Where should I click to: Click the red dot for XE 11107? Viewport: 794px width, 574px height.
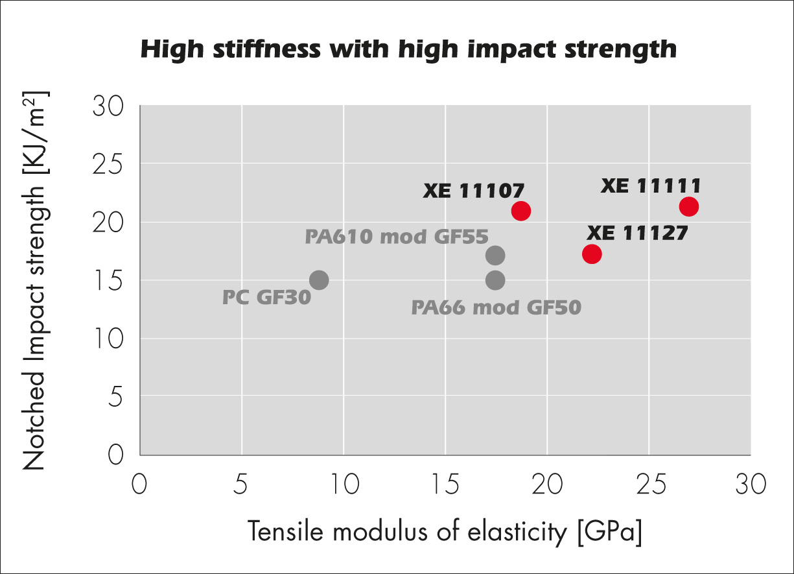[520, 211]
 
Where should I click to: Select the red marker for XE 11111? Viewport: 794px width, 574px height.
[688, 207]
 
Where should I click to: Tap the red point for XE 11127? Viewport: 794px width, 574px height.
[592, 254]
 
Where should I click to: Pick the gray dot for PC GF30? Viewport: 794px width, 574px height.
[318, 280]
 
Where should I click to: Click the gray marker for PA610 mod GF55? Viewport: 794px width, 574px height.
[495, 256]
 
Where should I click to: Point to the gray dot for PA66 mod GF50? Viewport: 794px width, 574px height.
[495, 281]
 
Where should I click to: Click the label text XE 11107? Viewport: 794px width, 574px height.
[474, 191]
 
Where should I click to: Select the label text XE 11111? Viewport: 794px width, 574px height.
[651, 187]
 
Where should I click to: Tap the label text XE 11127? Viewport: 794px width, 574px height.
[637, 233]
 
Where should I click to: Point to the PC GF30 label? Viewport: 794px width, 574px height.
[266, 298]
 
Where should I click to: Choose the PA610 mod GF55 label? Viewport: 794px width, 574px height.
[396, 237]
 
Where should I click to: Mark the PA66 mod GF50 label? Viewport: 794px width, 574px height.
[496, 307]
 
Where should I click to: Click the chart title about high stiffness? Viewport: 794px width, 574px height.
[408, 49]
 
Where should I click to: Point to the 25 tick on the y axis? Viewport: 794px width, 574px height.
[109, 164]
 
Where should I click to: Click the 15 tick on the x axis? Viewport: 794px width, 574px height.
[445, 485]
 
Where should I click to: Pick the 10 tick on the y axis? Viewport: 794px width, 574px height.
[109, 339]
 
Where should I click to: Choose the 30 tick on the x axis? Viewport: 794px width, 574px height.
[750, 485]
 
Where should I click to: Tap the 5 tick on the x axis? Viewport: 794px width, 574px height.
[242, 485]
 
